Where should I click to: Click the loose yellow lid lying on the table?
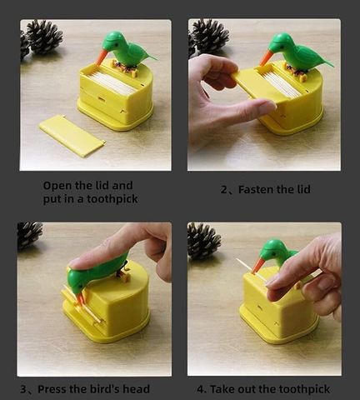pos(72,136)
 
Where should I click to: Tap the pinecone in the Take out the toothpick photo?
pos(203,240)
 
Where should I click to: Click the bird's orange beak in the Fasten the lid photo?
pos(265,57)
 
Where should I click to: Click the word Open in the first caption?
pos(57,186)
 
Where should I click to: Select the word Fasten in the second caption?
pos(256,189)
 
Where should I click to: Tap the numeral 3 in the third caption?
pos(23,389)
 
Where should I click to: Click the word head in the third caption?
pos(137,389)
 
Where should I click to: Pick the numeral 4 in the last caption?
pos(200,389)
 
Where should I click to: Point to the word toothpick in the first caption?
pos(112,199)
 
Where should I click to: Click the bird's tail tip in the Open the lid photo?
pos(156,58)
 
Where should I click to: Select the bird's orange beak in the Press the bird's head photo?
pos(80,297)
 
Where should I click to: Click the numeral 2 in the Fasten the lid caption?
pos(224,190)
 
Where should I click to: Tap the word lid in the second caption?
pos(304,189)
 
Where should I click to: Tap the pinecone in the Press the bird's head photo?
pos(29,235)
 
